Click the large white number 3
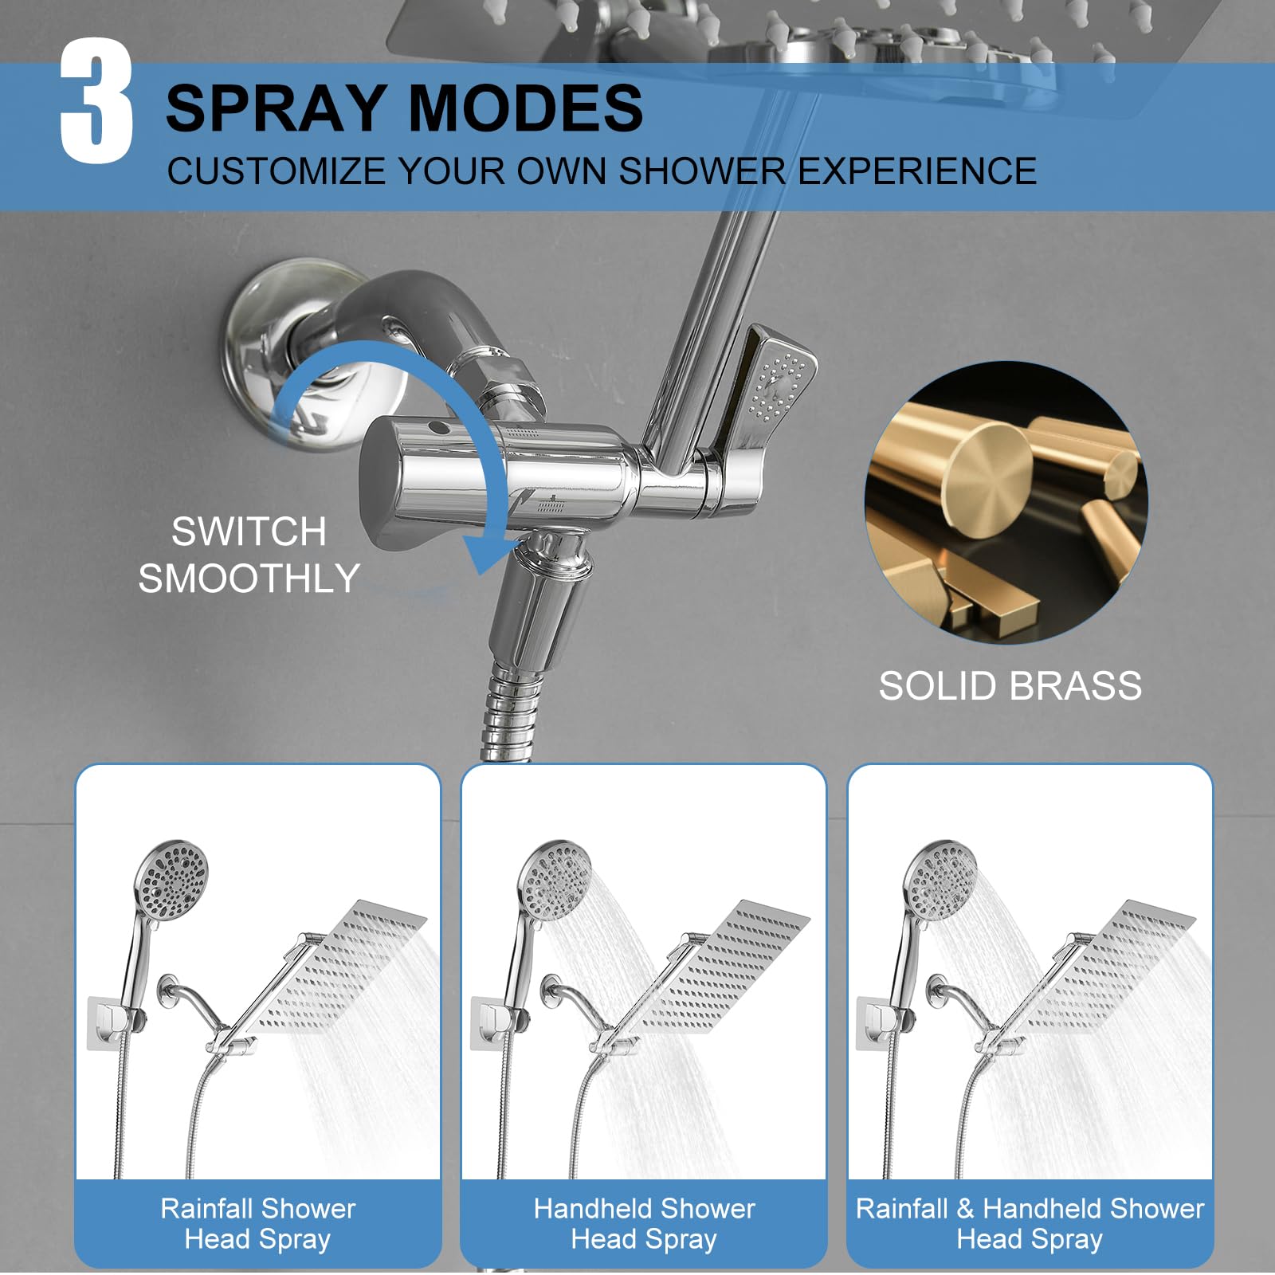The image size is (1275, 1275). pos(96,101)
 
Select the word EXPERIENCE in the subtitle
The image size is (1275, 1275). pos(918,171)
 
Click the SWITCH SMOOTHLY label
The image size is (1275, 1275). pos(249,555)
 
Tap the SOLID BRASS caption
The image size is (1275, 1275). pos(1010,686)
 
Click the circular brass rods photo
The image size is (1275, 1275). pos(1006,502)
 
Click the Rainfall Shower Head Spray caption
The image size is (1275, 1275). pos(257,1223)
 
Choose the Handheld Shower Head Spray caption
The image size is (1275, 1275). pos(644,1223)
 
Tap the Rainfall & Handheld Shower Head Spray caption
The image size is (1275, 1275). pos(1030,1223)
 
